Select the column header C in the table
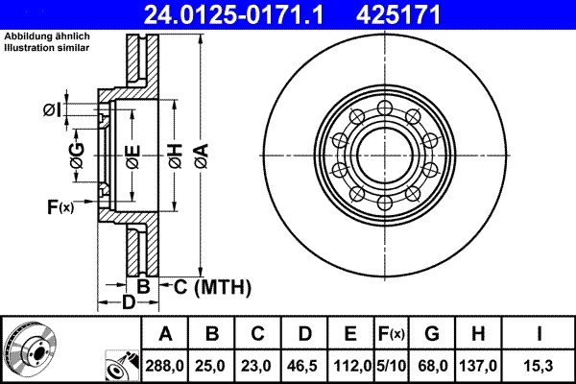258,334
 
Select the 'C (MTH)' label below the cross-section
212,286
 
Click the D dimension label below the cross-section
128,303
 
